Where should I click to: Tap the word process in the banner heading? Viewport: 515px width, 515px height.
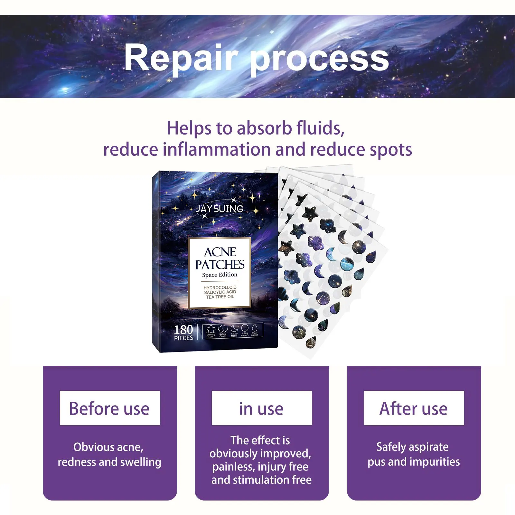click(319, 60)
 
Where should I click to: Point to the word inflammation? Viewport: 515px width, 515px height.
click(217, 150)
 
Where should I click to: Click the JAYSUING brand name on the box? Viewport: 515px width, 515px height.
click(220, 209)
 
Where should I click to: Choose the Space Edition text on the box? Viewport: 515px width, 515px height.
click(220, 275)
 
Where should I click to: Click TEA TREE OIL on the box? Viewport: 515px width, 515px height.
click(220, 297)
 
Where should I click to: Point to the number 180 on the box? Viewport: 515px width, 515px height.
click(183, 330)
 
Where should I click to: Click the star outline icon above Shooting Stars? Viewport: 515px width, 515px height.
click(211, 329)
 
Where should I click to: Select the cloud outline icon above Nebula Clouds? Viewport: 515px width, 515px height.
click(223, 329)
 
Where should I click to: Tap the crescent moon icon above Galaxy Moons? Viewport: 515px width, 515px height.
click(234, 328)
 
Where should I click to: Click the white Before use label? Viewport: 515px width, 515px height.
click(110, 408)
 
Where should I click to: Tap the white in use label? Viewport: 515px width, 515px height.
click(262, 408)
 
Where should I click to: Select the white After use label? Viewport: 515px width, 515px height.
click(414, 408)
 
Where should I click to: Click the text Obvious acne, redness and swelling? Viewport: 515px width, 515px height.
click(109, 454)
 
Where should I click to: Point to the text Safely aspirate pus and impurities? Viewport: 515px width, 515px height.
click(414, 454)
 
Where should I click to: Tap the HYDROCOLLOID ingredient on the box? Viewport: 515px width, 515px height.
click(220, 287)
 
